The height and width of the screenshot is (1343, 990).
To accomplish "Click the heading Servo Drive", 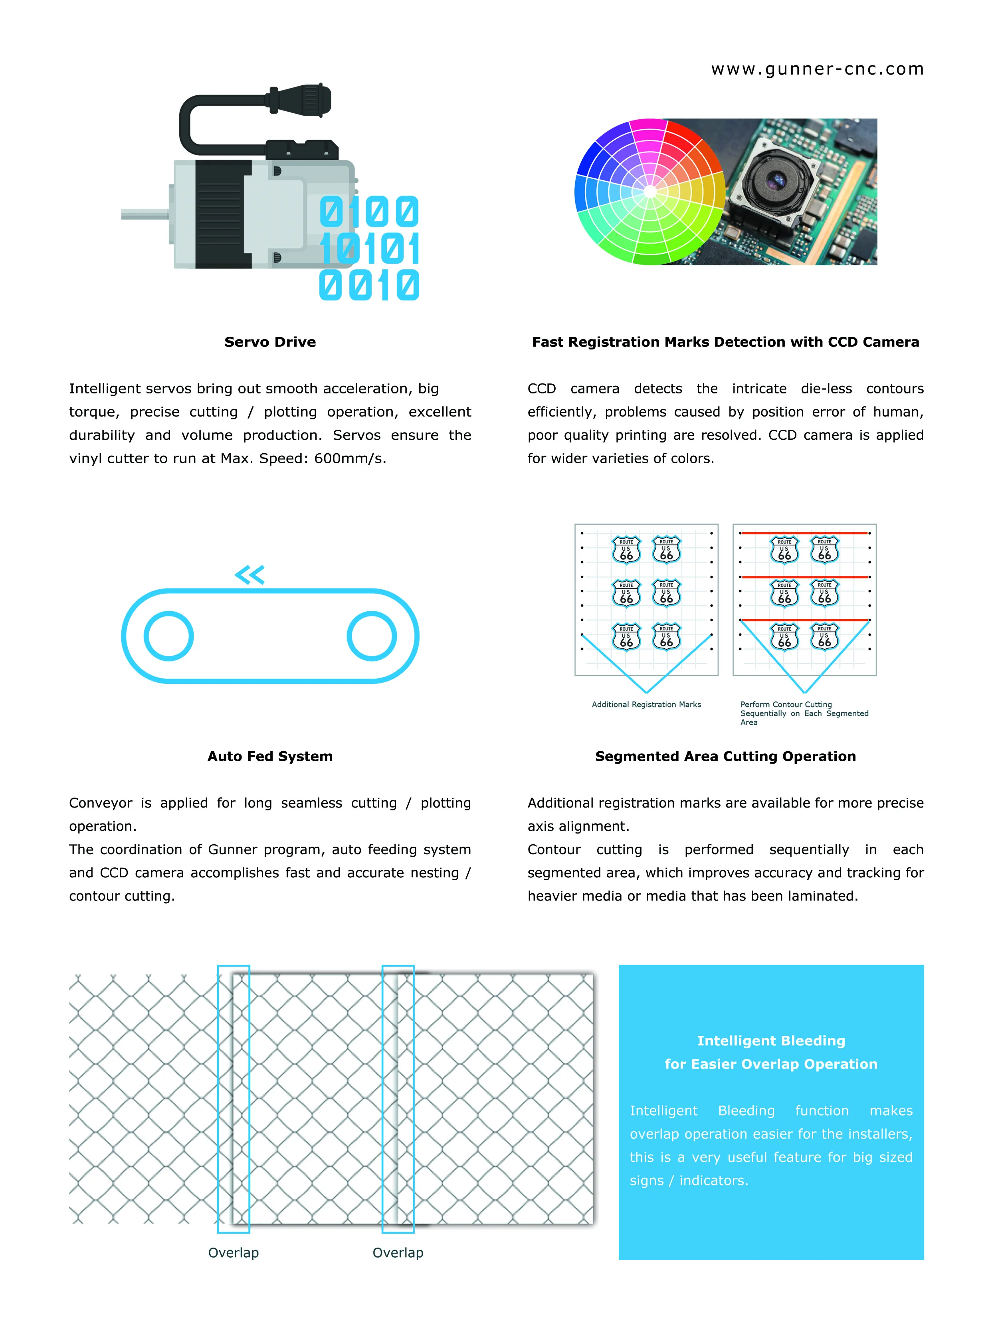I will [x=270, y=342].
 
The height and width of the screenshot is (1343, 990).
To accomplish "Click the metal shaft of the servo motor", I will [x=144, y=214].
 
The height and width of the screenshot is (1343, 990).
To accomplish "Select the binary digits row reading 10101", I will [x=369, y=249].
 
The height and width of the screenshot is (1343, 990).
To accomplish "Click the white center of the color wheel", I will [x=650, y=192].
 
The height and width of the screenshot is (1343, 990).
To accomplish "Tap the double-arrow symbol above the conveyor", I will [x=250, y=575].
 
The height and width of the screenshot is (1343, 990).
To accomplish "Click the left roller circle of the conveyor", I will [x=169, y=636].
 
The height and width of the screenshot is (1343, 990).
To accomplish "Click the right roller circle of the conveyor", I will [x=372, y=636].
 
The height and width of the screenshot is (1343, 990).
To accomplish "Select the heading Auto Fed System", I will [x=270, y=756].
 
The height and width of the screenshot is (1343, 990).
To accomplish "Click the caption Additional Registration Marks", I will [x=646, y=705].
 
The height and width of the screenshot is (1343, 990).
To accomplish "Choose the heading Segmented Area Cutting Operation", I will [x=725, y=756].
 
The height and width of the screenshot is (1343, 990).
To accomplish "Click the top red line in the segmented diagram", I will [x=804, y=533].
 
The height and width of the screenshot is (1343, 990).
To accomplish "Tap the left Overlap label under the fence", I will [x=233, y=1252].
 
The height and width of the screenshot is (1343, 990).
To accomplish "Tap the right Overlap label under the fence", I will [x=398, y=1252].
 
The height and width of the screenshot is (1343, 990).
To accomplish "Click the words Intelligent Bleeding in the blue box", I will [x=771, y=1041].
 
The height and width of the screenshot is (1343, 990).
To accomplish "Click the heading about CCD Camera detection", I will [x=725, y=342].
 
